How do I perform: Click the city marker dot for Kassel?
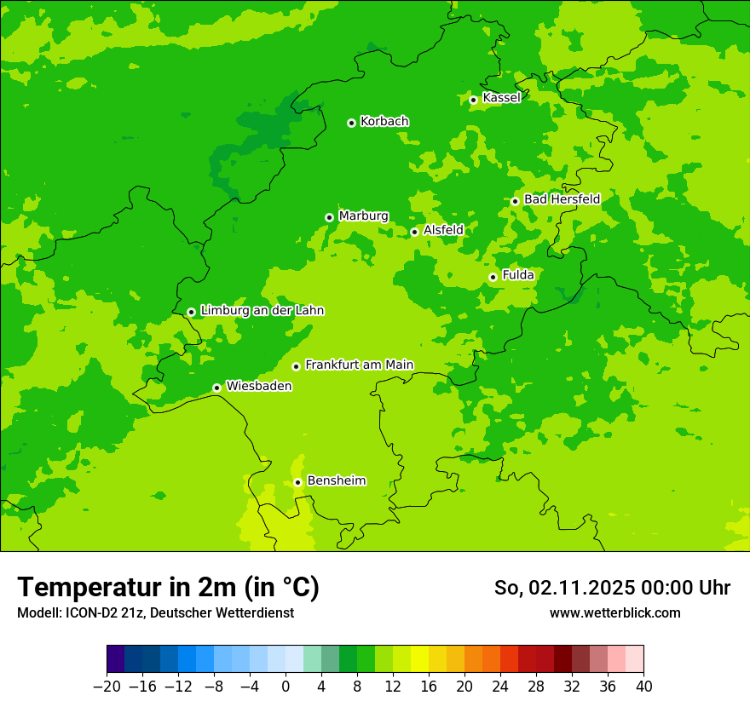[x=474, y=100]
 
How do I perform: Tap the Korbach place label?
[x=384, y=122]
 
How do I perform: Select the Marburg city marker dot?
[x=330, y=217]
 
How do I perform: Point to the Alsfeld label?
[x=443, y=230]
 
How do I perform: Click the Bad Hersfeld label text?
[x=562, y=199]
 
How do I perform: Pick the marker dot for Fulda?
[x=493, y=277]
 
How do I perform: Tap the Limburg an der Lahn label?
[x=262, y=311]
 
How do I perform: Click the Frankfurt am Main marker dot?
[x=297, y=366]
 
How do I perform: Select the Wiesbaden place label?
[x=258, y=386]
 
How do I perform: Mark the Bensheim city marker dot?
[x=298, y=482]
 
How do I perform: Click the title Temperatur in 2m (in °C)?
[x=168, y=588]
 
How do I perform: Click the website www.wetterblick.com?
[x=614, y=613]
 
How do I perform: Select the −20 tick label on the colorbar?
[x=107, y=687]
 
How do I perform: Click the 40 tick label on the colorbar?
[x=643, y=687]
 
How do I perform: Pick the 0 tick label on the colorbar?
[x=286, y=687]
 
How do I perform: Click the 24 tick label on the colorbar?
[x=500, y=687]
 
